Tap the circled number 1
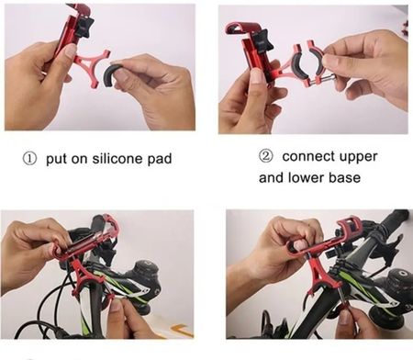(29, 159)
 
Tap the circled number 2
(265, 156)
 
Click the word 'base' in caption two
(345, 178)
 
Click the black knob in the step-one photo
(84, 27)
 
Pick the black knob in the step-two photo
(262, 41)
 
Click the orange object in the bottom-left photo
(183, 331)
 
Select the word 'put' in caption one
(56, 159)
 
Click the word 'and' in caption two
(272, 178)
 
